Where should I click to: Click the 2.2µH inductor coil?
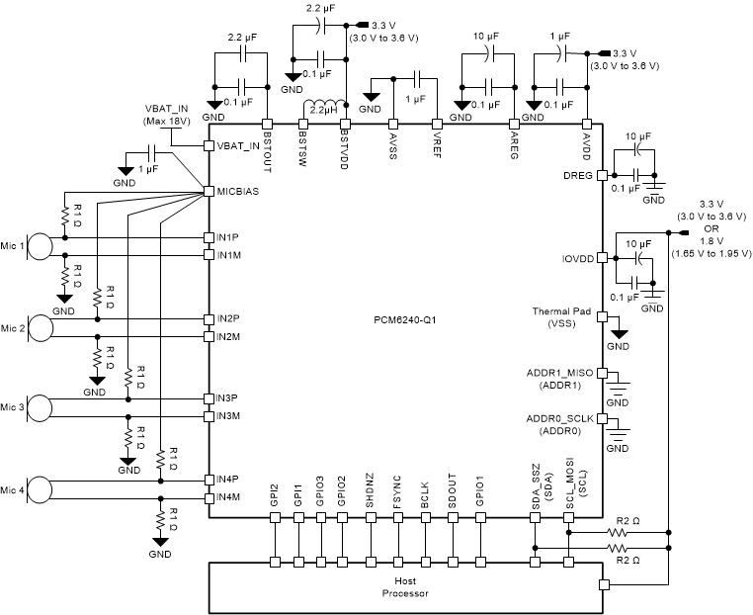pyautogui.click(x=323, y=107)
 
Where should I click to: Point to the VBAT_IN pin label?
pyautogui.click(x=239, y=146)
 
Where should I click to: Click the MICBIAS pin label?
pyautogui.click(x=239, y=191)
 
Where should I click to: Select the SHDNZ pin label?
pyautogui.click(x=369, y=491)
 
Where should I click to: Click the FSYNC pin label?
pyautogui.click(x=396, y=491)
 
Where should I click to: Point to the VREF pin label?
pyautogui.click(x=438, y=142)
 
